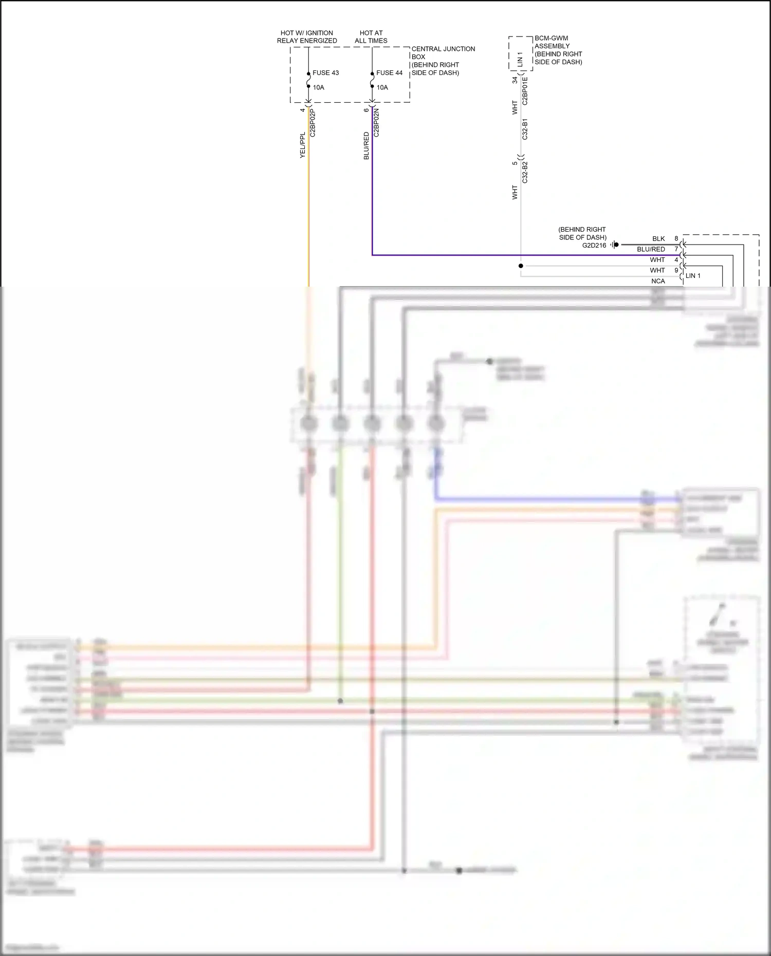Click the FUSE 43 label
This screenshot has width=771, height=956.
(x=325, y=73)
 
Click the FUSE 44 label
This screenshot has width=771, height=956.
(x=389, y=73)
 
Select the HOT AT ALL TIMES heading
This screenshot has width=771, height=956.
(x=371, y=37)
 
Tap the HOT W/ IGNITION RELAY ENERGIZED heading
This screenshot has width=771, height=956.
(x=307, y=37)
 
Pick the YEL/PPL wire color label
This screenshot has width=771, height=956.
(x=303, y=145)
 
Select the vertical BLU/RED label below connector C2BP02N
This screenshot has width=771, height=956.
(x=366, y=146)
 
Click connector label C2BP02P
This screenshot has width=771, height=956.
(x=313, y=123)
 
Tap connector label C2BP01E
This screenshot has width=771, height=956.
(x=525, y=91)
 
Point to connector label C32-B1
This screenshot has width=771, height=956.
(x=525, y=129)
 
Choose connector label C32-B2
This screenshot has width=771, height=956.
(x=525, y=173)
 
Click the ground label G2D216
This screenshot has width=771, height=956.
(x=594, y=246)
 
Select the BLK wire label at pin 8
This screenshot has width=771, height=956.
(x=658, y=239)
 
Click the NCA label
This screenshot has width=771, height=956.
(x=658, y=281)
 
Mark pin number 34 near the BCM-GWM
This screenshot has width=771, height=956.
(x=515, y=81)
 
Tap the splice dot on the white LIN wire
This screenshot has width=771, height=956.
(x=521, y=266)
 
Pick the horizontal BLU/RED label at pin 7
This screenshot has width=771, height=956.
(x=651, y=249)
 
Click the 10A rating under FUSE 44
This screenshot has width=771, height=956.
(x=382, y=87)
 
